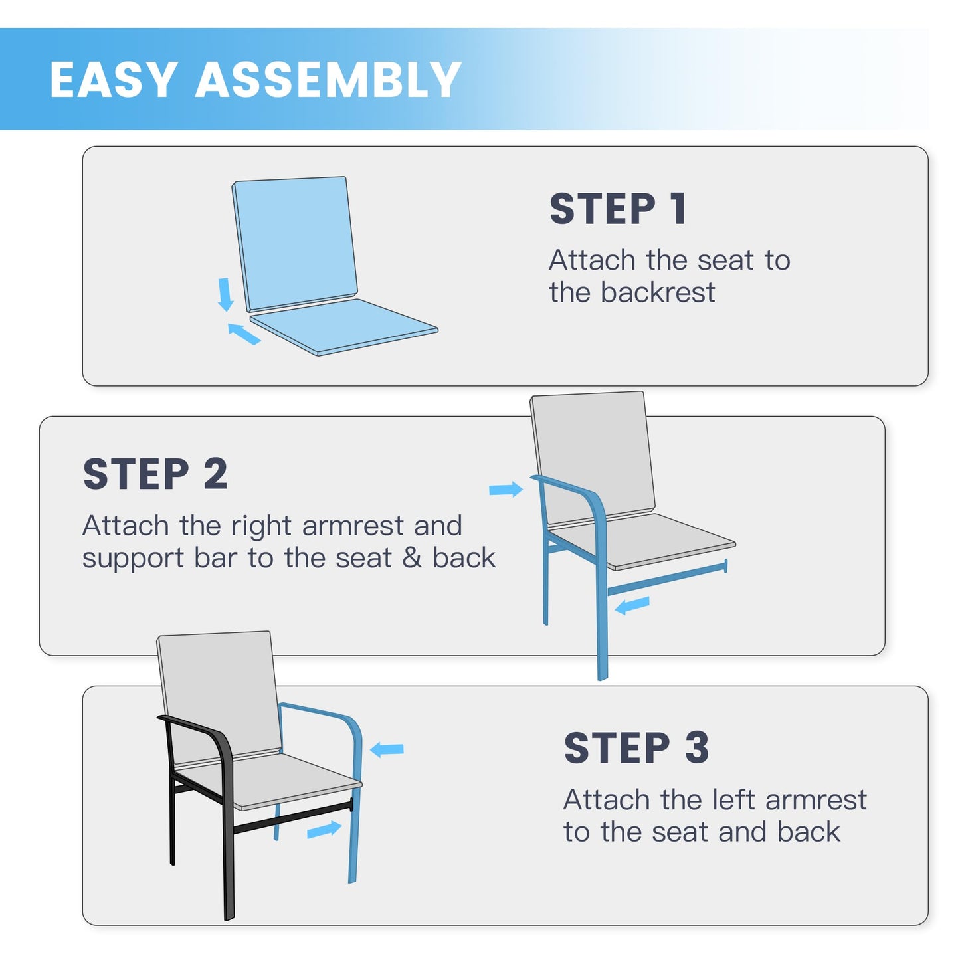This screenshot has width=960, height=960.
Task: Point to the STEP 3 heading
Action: click(636, 748)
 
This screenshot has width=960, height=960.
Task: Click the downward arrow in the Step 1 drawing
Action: click(225, 294)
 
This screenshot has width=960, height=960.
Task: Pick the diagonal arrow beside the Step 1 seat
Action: click(244, 334)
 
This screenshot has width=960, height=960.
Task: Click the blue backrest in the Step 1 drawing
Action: click(295, 243)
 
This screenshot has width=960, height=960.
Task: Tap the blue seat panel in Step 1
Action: click(343, 326)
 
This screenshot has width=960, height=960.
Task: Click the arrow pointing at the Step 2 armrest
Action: click(506, 489)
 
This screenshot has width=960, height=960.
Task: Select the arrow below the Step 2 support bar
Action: click(632, 605)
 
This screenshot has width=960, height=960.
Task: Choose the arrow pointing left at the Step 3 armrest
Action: click(387, 749)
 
